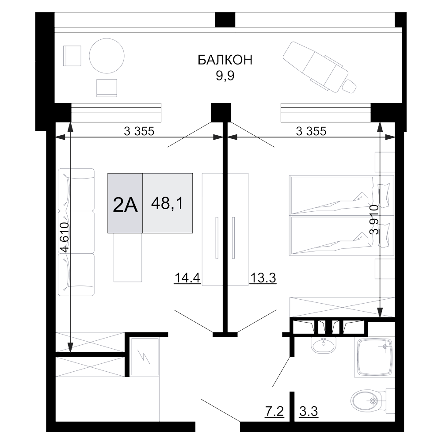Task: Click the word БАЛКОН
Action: point(225,60)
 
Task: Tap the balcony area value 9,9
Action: point(225,76)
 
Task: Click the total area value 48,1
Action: point(167,203)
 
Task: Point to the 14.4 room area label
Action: point(187,278)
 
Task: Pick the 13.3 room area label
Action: point(263,278)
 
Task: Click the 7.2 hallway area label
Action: point(274,411)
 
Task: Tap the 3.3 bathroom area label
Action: point(309,411)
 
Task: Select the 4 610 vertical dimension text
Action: point(65,237)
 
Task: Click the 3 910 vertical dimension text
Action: point(374,220)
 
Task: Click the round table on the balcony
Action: point(107,56)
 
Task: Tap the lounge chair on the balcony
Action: point(320,68)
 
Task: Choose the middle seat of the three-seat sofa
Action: point(76,232)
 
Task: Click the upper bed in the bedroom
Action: point(341,195)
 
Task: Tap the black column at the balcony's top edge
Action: point(225,20)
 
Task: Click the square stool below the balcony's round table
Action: point(107,88)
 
